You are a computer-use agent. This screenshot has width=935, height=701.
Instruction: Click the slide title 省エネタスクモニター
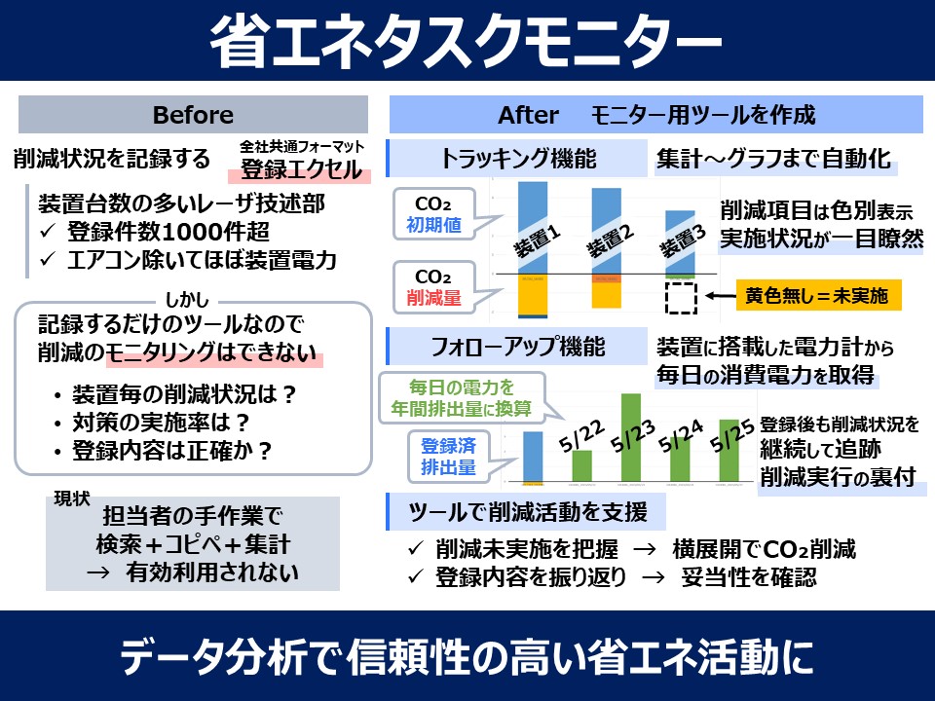(467, 42)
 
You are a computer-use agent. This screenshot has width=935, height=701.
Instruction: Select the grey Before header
(193, 115)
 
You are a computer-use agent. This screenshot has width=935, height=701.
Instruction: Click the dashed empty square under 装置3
(681, 296)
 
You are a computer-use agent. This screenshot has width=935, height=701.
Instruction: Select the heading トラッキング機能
(517, 159)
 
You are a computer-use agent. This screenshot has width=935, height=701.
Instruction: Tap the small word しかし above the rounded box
(193, 301)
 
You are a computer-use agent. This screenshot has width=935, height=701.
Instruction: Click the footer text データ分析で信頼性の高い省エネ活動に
(467, 657)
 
